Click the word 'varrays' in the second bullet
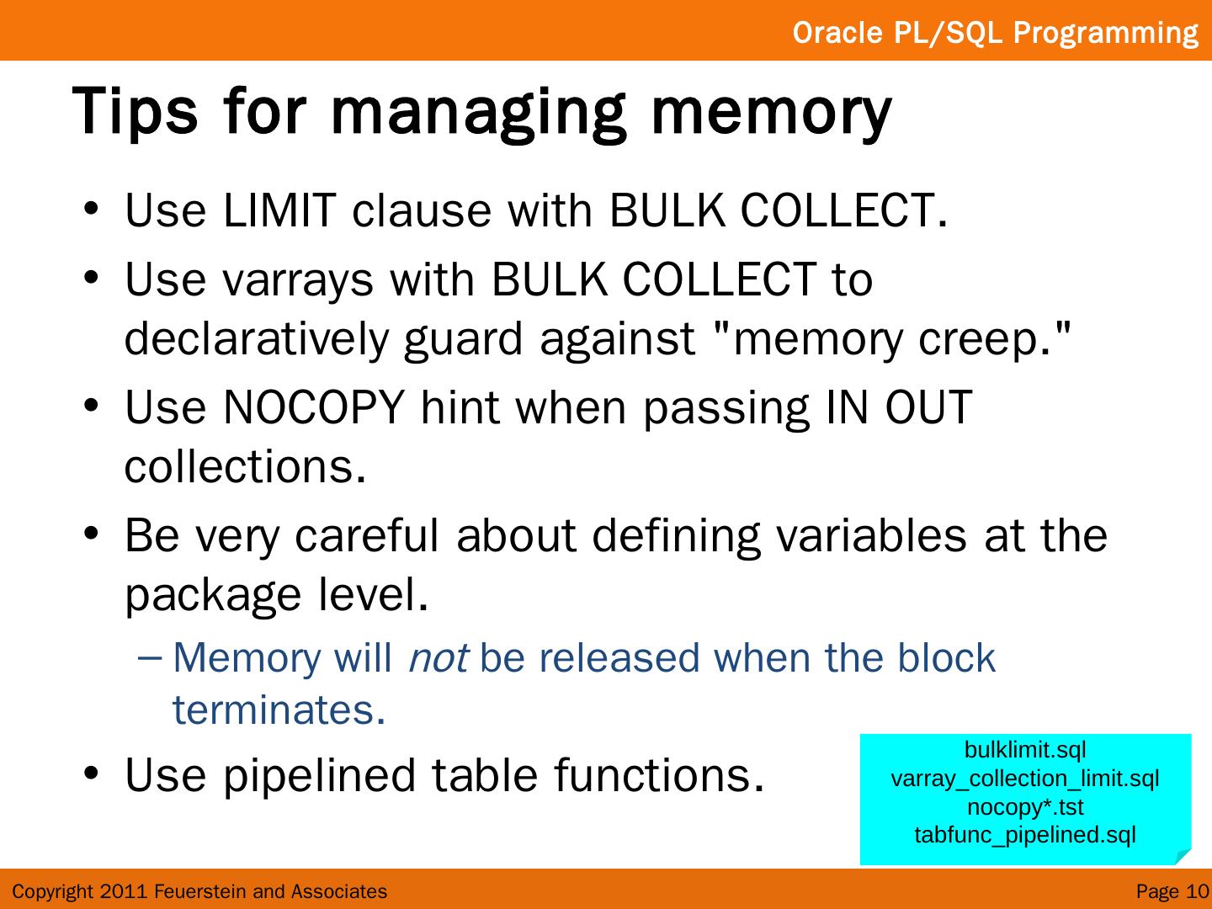(297, 279)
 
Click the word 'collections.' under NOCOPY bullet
(245, 467)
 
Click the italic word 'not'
(438, 658)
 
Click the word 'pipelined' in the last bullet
(320, 775)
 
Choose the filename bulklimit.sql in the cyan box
(1024, 750)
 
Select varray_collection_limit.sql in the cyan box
(1024, 779)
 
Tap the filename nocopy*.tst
(1024, 807)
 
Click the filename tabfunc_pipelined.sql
(1024, 835)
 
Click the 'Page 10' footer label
(1172, 891)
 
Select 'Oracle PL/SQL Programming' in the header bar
(995, 33)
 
